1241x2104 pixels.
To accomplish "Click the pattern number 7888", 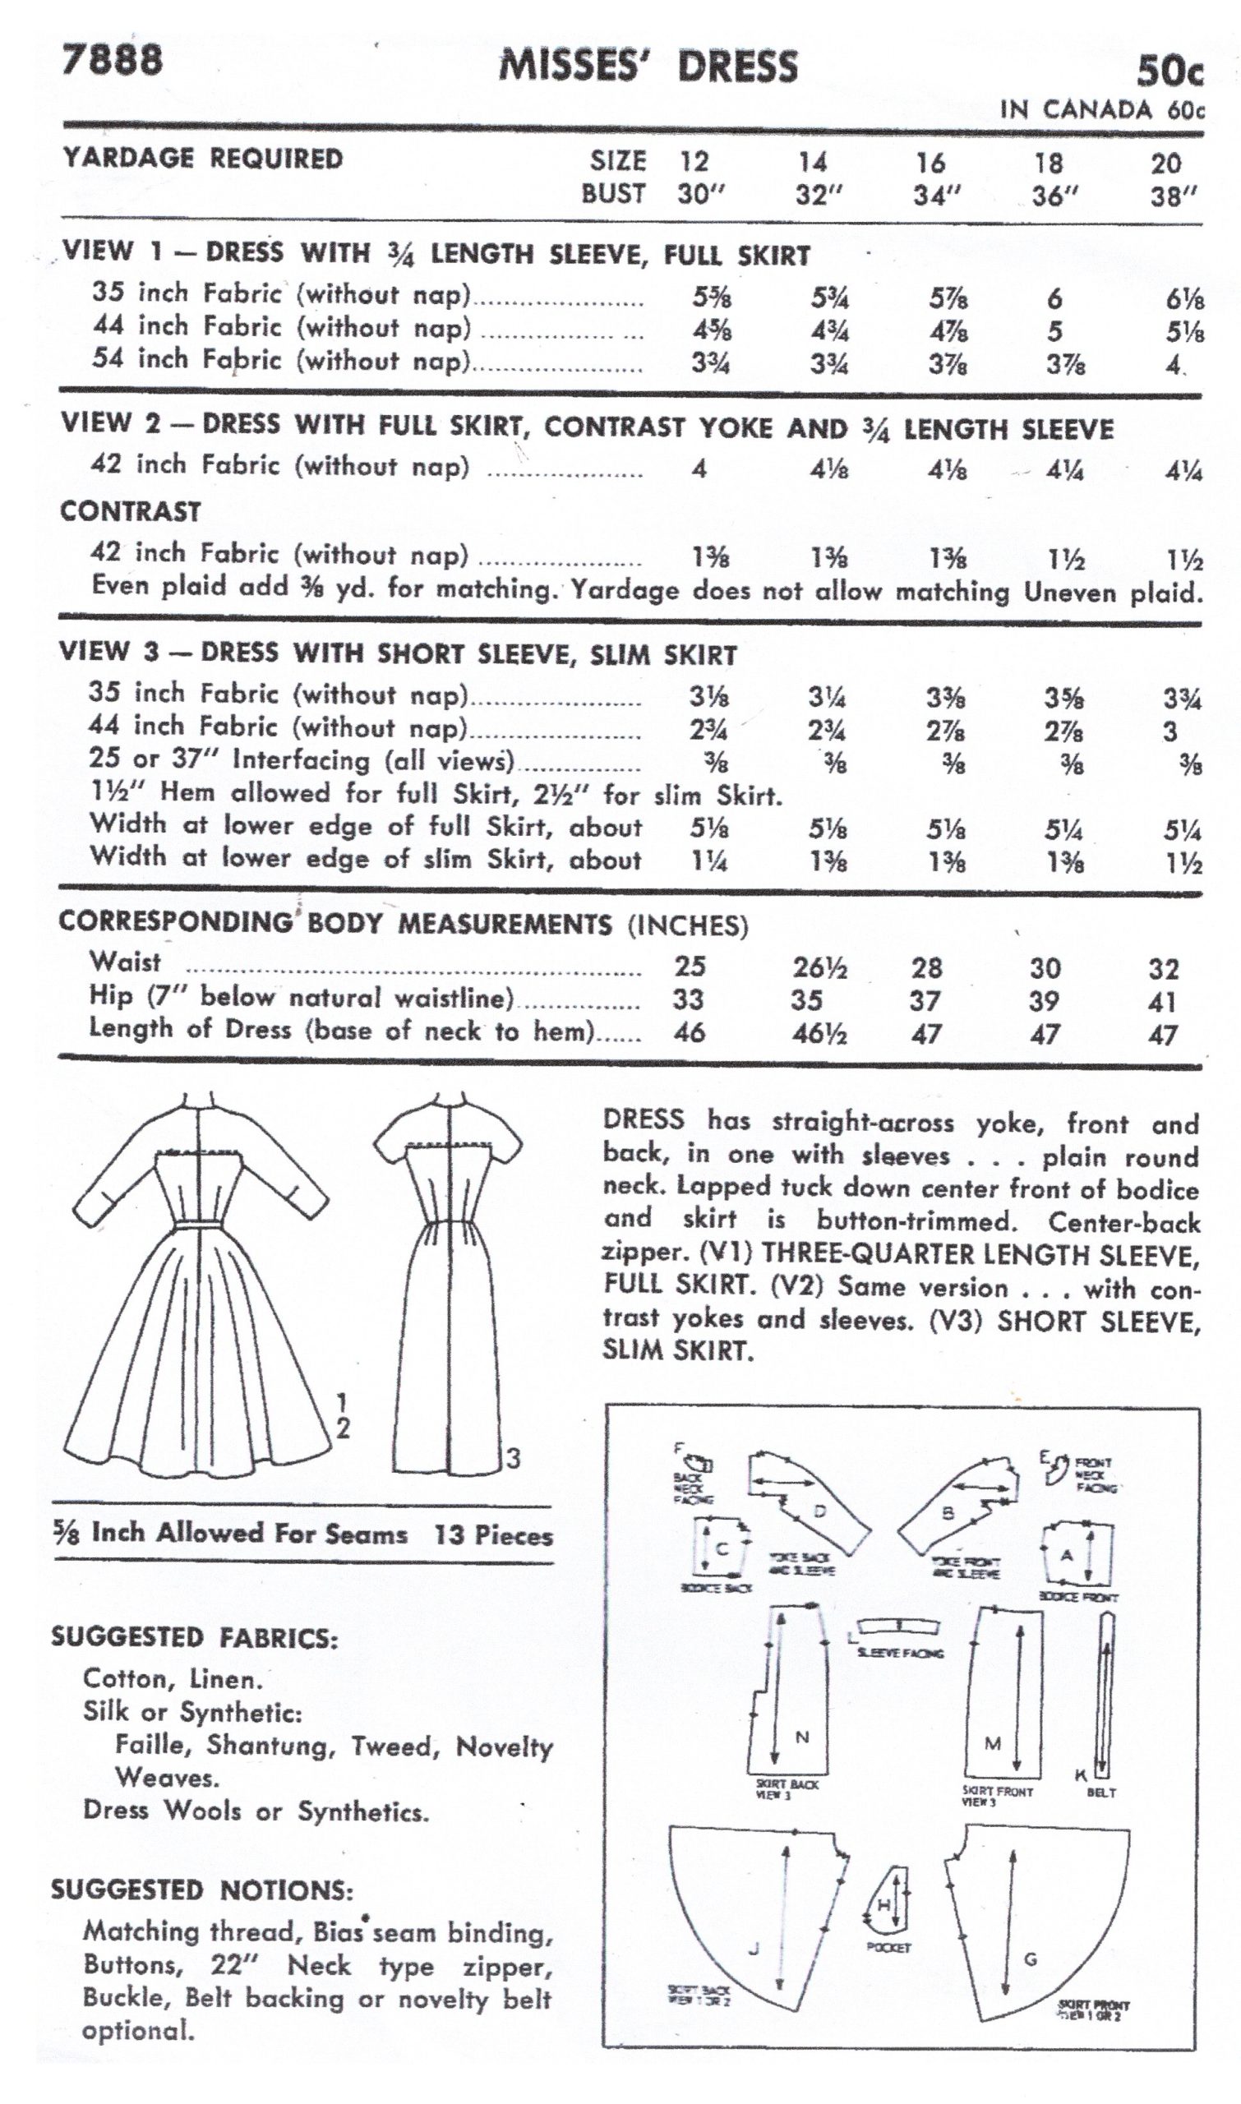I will pyautogui.click(x=112, y=60).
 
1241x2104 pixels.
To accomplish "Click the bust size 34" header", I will pyautogui.click(x=935, y=196).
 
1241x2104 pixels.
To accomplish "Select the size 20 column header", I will pyautogui.click(x=1165, y=163).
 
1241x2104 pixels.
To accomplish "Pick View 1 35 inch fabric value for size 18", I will pyautogui.click(x=1054, y=298).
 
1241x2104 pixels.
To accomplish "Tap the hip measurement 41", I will pyautogui.click(x=1162, y=1002).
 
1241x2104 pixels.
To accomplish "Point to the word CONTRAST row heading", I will pyautogui.click(x=131, y=511).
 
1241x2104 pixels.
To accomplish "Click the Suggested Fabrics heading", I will pyautogui.click(x=195, y=1637).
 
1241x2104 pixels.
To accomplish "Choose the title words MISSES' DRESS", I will pyautogui.click(x=648, y=67).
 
